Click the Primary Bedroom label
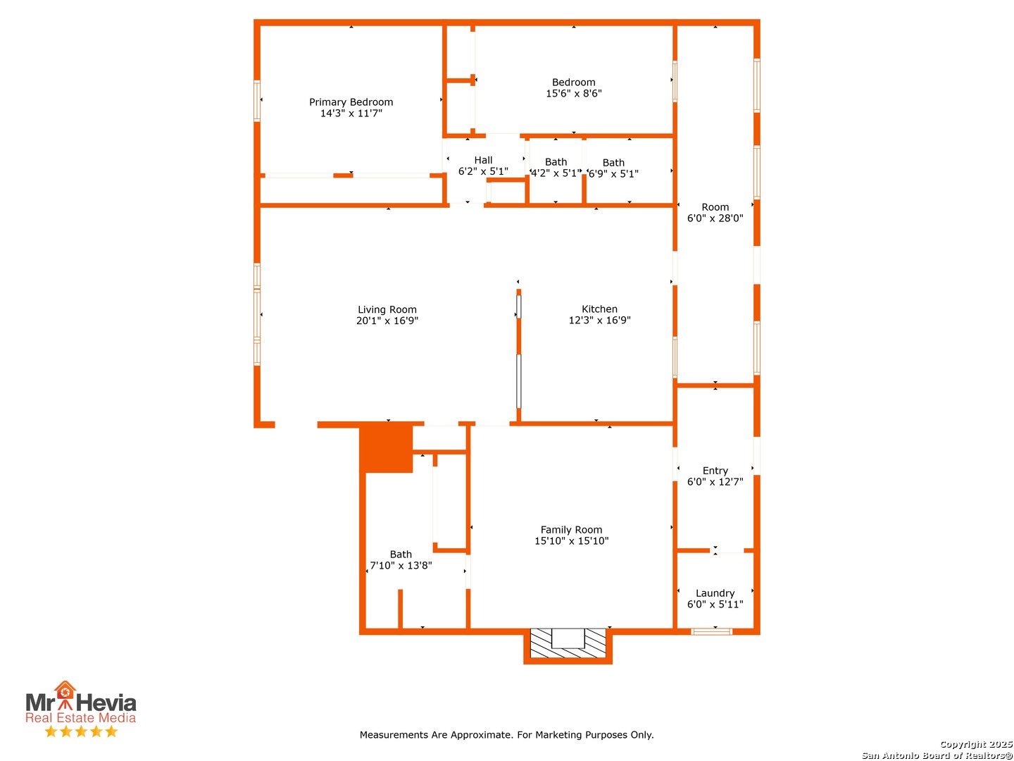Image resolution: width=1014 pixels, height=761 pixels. [351, 101]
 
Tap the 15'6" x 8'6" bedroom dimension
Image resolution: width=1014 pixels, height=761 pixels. [573, 93]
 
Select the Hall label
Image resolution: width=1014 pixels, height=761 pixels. [483, 160]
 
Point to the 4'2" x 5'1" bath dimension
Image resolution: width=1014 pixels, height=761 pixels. [556, 173]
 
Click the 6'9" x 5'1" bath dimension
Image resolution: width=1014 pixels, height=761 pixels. [613, 174]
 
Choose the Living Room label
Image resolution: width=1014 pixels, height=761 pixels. [387, 309]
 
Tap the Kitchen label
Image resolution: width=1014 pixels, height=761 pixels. [599, 309]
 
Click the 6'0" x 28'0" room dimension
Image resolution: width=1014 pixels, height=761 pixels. [715, 218]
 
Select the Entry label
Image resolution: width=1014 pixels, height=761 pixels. [715, 471]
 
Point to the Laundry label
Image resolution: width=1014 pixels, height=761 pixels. [715, 593]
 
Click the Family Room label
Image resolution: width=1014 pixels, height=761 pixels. [571, 529]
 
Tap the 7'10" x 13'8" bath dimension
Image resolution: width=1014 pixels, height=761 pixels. [401, 565]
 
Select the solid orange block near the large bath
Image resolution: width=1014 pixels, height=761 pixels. [386, 447]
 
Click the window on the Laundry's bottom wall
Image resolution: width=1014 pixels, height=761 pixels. [711, 631]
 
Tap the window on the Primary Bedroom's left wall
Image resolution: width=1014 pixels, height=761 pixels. [257, 101]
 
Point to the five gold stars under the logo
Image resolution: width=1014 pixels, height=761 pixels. [81, 731]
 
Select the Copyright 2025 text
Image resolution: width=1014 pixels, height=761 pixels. [976, 744]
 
